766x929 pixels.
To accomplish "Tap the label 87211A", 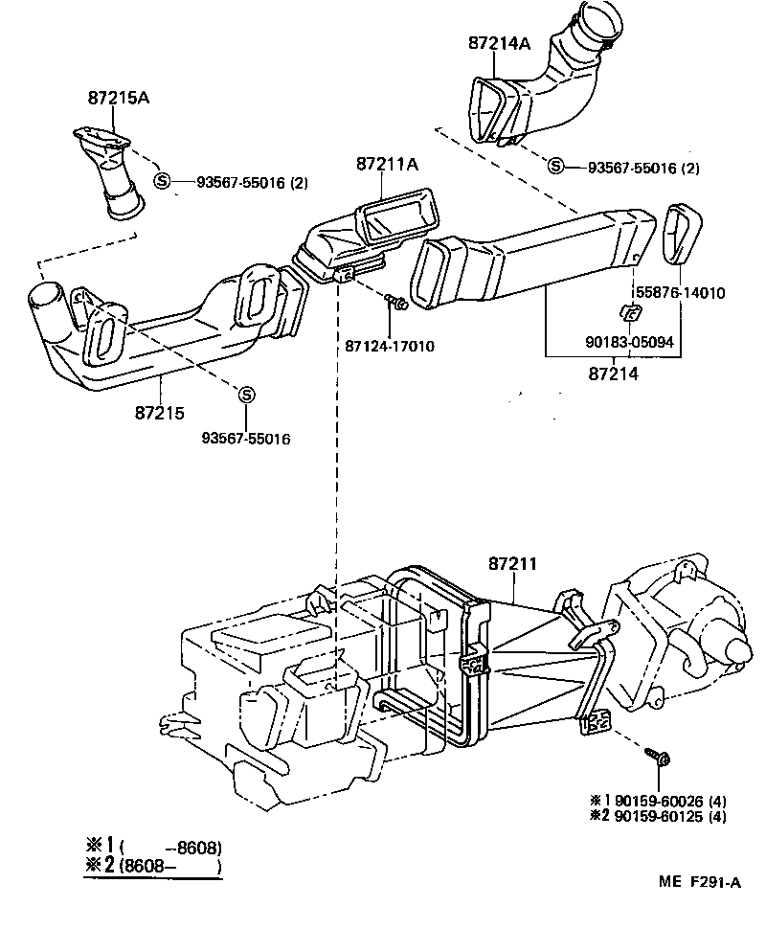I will pos(388,164).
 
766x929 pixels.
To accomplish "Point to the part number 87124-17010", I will pos(390,345).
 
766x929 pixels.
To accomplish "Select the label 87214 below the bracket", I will pos(613,374).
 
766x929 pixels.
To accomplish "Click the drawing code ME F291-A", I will pos(698,883).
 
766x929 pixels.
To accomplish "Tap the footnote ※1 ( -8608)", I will pos(154,846).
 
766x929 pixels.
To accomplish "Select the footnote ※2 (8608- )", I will pos(154,867).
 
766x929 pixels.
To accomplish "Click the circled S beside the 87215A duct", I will pos(162,182).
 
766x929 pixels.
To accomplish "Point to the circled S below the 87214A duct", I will pos(554,167).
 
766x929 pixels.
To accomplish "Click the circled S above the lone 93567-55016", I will pos(246,395).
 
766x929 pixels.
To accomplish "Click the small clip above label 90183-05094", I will pos(629,312).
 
